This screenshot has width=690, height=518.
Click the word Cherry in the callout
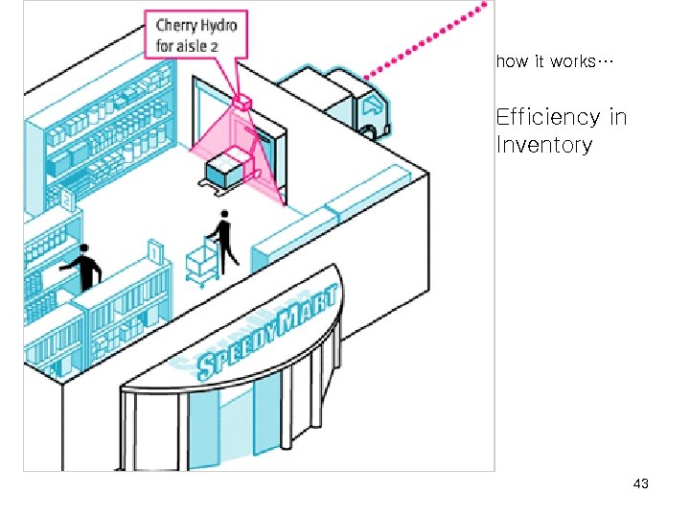pos(177,27)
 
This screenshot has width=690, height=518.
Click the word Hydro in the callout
pos(219,27)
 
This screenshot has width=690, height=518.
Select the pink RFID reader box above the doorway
pos(241,100)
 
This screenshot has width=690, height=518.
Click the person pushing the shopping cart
pos(224,241)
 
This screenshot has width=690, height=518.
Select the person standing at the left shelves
pos(86,268)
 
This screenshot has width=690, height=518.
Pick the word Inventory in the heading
pos(543,145)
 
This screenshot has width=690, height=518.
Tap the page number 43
pos(641,483)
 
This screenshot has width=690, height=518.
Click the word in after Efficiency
pos(617,117)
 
